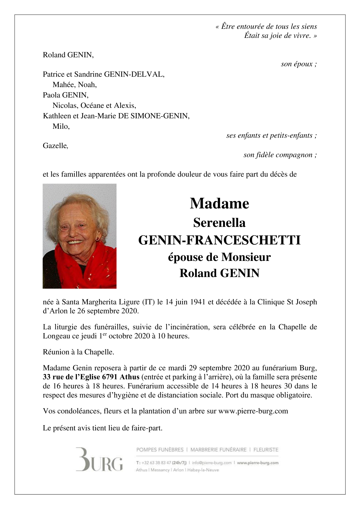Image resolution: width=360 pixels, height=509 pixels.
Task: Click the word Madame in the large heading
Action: coord(219,204)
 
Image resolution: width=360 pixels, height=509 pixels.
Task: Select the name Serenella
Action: coord(219,223)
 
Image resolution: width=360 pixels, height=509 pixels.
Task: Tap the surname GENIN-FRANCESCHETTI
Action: coord(219,240)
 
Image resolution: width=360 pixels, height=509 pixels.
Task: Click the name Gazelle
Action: coord(55,145)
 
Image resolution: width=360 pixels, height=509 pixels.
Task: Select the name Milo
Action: coord(61,126)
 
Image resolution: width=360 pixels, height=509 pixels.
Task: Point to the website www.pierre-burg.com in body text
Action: coord(253,411)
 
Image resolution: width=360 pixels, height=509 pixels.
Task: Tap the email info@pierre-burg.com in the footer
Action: coord(211,463)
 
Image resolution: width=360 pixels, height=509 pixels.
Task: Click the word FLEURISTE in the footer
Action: coord(265,450)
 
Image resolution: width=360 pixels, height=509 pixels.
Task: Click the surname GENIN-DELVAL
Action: coord(134,74)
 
